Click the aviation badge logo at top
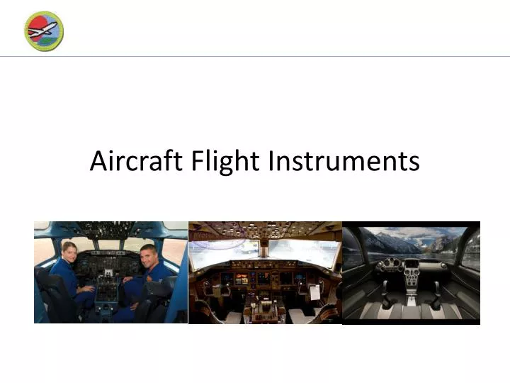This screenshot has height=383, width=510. tap(44, 31)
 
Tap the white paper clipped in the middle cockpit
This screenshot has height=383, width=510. tap(314, 291)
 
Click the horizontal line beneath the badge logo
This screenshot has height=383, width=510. tap(255, 56)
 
